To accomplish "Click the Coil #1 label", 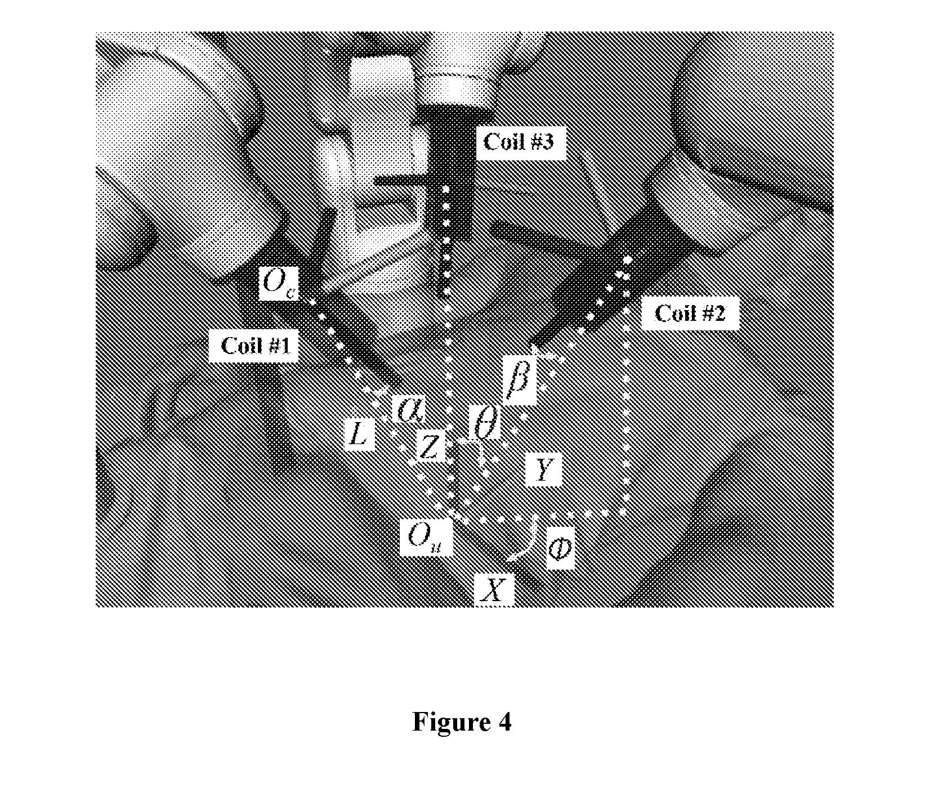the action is (256, 345).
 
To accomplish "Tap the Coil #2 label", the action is (690, 312).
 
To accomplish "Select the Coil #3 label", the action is (519, 142).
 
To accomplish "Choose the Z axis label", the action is (430, 449).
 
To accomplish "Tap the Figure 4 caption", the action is (462, 721).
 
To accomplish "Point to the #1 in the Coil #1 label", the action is (280, 345).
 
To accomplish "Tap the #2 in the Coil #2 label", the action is (714, 312).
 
